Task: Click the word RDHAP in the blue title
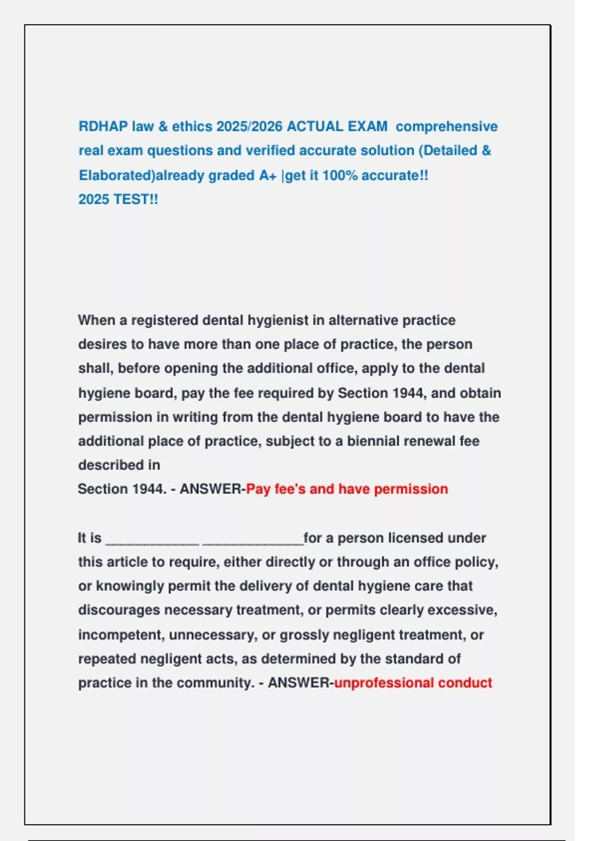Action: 103,127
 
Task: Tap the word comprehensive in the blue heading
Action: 446,127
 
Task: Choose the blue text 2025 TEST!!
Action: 118,199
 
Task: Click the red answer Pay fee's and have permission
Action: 347,489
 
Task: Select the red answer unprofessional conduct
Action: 413,683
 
